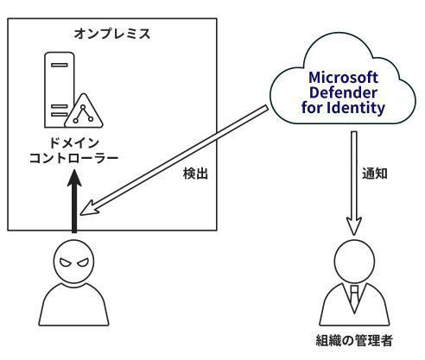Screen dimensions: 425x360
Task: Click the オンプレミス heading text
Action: pyautogui.click(x=112, y=34)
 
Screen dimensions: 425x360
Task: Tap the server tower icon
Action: pyautogui.click(x=59, y=90)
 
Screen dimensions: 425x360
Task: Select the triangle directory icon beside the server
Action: pyautogui.click(x=84, y=111)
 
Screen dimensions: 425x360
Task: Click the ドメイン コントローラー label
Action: pyautogui.click(x=74, y=150)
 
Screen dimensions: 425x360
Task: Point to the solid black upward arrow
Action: pyautogui.click(x=74, y=201)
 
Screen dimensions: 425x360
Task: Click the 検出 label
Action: pyautogui.click(x=195, y=174)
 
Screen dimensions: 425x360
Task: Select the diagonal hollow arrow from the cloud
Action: pyautogui.click(x=174, y=161)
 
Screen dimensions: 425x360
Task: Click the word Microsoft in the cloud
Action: pyautogui.click(x=343, y=78)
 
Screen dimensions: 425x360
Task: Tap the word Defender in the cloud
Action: pyautogui.click(x=343, y=92)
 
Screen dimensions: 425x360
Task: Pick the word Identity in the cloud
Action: pyautogui.click(x=356, y=108)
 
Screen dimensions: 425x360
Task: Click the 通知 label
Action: pyautogui.click(x=375, y=174)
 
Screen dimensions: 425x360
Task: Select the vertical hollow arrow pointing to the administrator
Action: pyautogui.click(x=354, y=183)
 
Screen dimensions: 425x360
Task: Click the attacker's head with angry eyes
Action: pyautogui.click(x=73, y=262)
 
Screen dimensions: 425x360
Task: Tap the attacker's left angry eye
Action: pyautogui.click(x=66, y=262)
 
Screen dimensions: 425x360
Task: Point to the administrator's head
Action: pyautogui.click(x=354, y=261)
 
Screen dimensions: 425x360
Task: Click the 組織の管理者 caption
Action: pyautogui.click(x=354, y=341)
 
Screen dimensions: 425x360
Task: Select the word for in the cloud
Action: pyautogui.click(x=313, y=108)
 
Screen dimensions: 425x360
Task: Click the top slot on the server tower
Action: pyautogui.click(x=60, y=65)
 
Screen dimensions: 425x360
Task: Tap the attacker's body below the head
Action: pyautogui.click(x=73, y=305)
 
